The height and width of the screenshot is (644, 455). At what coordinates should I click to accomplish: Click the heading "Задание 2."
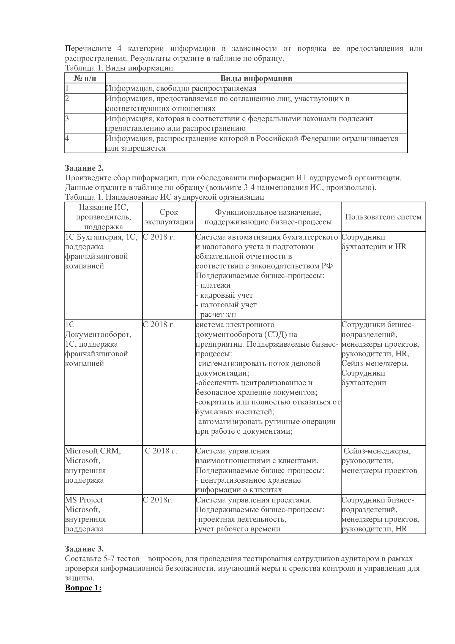coord(84,168)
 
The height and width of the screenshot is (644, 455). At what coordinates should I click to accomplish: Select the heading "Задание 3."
coord(84,549)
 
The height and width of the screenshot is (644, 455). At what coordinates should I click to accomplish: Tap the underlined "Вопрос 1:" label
coord(83,588)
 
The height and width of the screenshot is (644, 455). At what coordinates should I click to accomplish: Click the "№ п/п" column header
coord(85,78)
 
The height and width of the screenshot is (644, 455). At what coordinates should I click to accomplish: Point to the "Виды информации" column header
coord(256,78)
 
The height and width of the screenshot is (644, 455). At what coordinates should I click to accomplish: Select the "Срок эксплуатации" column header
coord(169,217)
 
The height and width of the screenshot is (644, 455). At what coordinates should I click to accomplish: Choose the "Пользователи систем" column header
coord(383,217)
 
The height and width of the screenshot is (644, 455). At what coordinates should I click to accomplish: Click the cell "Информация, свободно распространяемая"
coord(181,89)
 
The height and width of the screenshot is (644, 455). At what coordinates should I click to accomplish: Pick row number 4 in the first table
coord(67,138)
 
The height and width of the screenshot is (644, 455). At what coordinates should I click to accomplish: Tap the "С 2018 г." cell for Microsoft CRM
coord(161,451)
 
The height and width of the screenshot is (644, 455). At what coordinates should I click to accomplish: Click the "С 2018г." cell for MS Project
coord(158,500)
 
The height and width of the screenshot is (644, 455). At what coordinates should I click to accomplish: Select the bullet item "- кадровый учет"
coord(224,295)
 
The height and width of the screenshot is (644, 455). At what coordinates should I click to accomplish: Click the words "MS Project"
coord(84,500)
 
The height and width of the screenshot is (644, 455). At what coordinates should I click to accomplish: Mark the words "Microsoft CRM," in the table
coord(93,451)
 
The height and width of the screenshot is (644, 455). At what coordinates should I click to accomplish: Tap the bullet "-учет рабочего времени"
coord(238,529)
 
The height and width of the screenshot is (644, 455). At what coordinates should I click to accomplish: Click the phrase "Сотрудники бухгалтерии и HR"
coord(374,242)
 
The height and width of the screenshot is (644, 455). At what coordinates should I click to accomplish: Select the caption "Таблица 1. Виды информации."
coord(120,68)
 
